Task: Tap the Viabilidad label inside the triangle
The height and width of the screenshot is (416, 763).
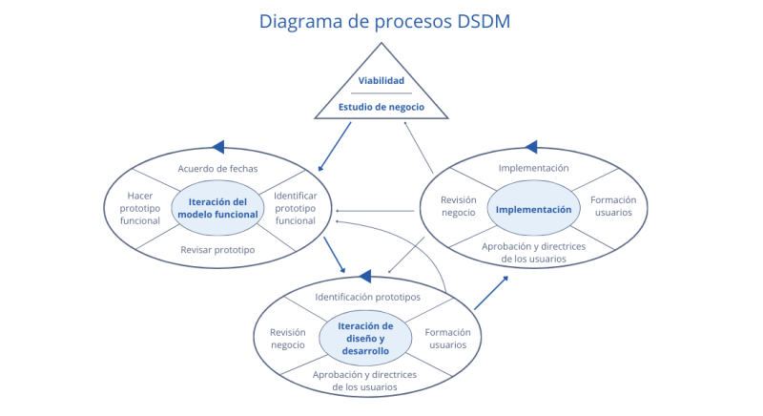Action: pos(381,80)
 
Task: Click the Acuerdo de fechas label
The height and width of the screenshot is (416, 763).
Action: pos(217,168)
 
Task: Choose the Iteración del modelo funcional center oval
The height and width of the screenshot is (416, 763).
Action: pos(217,208)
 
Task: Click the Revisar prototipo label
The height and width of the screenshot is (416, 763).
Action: pos(217,249)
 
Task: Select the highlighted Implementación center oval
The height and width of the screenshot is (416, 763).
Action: pos(534,209)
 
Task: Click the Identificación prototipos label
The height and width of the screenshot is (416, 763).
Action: pos(366,298)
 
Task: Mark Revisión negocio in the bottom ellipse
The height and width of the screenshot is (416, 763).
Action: pos(287,338)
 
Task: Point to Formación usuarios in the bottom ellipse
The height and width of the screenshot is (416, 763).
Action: pos(446,338)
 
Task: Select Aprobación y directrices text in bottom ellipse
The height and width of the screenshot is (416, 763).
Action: pos(366,381)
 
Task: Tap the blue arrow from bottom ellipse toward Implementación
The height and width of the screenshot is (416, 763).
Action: pos(491,293)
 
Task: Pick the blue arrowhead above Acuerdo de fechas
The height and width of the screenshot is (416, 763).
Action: pos(217,146)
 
